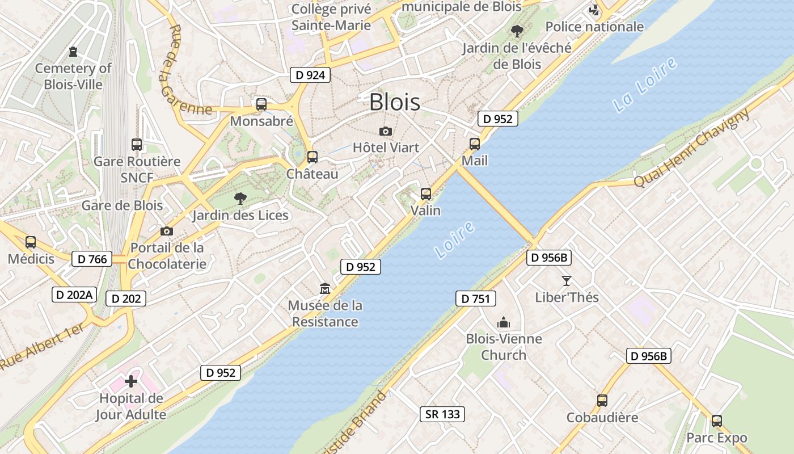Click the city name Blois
point(395,102)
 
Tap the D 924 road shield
point(310,74)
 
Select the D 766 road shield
point(92,259)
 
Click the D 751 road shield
point(475,299)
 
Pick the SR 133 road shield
point(442,414)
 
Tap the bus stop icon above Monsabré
point(261,104)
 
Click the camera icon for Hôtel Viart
point(386,131)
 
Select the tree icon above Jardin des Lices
point(240,198)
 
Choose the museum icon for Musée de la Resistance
point(325,289)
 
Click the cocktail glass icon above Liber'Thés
point(566,280)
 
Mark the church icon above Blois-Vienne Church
point(503,323)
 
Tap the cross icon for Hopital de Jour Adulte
point(131,381)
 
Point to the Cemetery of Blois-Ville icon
point(73,52)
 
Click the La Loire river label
point(645,85)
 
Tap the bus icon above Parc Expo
point(717,421)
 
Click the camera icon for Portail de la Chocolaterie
point(166,231)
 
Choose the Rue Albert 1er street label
point(42,347)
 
